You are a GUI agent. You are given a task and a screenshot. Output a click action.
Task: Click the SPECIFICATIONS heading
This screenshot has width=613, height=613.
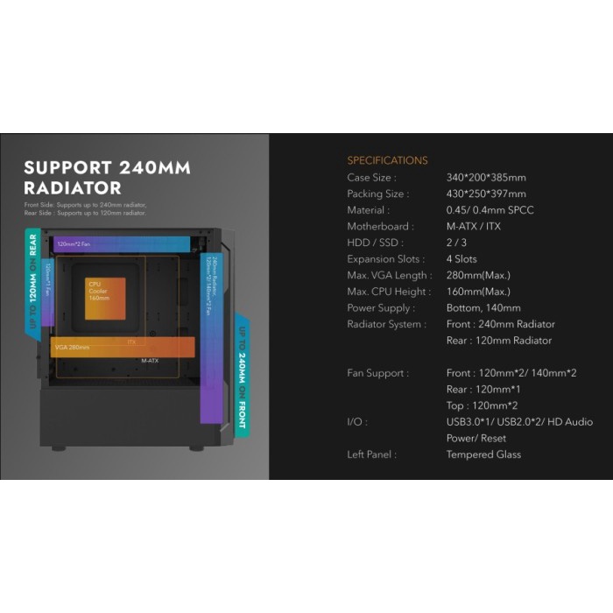[x=387, y=160]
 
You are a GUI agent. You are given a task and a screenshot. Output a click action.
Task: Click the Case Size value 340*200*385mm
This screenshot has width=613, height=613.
[x=486, y=178]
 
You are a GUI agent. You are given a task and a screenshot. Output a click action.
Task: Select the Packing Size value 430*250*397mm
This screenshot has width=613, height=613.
[x=486, y=194]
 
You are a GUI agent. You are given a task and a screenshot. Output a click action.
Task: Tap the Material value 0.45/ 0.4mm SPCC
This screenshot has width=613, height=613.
[x=490, y=210]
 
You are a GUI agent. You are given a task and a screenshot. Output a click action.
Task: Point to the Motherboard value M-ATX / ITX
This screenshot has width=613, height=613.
[x=474, y=226]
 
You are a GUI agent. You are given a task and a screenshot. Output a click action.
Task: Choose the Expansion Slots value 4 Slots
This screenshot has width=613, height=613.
[x=462, y=259]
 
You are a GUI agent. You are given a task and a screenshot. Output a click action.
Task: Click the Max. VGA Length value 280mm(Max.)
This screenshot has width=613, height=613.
[x=478, y=275]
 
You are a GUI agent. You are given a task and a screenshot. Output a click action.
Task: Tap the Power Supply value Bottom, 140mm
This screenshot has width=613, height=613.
[x=483, y=308]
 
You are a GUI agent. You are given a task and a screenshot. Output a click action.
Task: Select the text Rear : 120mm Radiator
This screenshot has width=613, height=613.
[x=499, y=341]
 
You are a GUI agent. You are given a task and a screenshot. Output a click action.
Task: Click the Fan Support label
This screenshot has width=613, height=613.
[x=377, y=373]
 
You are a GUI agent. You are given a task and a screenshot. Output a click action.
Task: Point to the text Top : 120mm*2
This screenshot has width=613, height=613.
[x=482, y=405]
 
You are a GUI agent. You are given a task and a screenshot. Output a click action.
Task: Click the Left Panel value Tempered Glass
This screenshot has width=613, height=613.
[x=483, y=454]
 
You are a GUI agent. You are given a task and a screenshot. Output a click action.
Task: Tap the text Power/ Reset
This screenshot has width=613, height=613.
[x=476, y=438]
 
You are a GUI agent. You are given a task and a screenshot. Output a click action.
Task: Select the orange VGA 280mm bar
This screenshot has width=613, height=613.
[x=123, y=347]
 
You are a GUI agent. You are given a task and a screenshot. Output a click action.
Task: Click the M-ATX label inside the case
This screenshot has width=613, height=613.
[x=150, y=361]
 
